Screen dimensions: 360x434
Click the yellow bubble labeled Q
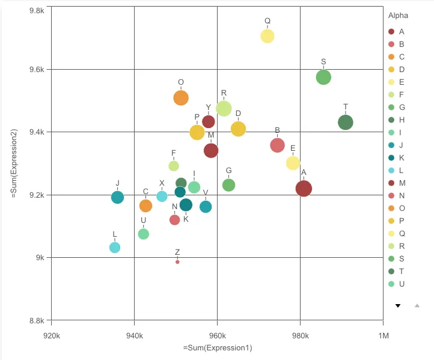[267, 36]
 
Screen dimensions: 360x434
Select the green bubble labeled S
[323, 77]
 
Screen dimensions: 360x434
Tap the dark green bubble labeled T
[346, 122]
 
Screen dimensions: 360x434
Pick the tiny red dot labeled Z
[177, 262]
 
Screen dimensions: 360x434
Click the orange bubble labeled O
[181, 98]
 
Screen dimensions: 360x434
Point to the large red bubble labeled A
[304, 188]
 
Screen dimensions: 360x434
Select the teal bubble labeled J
[118, 197]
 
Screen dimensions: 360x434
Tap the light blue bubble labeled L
[115, 248]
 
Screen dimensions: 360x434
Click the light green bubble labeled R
[224, 109]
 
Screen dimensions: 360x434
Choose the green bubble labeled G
[228, 185]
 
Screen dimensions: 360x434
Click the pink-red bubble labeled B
[277, 145]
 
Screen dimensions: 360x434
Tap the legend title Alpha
[398, 15]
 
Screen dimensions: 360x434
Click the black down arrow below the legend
[397, 305]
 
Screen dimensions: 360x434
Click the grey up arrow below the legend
[417, 305]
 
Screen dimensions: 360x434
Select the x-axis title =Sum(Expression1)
[217, 348]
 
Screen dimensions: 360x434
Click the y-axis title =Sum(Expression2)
[13, 163]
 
